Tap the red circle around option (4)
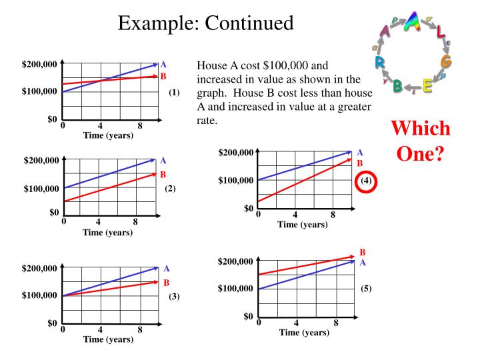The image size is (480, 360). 366,181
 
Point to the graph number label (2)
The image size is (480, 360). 170,189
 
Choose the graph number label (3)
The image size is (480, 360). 173,295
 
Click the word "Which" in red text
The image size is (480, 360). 420,129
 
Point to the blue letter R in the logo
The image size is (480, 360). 379,63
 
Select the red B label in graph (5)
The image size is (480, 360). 363,253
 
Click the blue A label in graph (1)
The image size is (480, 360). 163,65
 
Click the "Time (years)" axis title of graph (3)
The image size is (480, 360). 108,339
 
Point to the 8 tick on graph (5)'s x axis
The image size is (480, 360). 336,323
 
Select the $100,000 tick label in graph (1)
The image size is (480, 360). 40,92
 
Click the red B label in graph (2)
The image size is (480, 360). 163,175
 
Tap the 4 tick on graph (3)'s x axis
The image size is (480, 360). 100,329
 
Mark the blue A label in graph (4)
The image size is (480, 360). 360,153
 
